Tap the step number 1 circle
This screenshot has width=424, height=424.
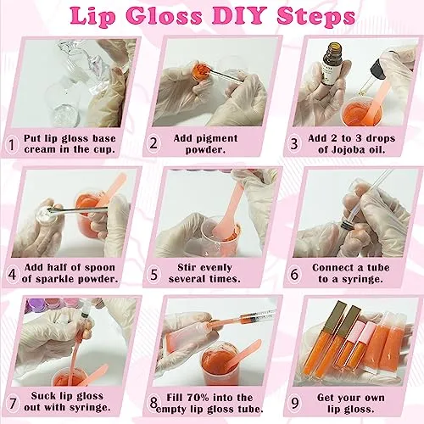11,144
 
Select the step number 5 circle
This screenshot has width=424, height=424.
153,275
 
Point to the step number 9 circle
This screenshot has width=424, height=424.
294,403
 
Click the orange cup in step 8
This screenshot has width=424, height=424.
218,364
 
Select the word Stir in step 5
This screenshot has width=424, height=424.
187,267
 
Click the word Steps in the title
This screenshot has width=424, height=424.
316,16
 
